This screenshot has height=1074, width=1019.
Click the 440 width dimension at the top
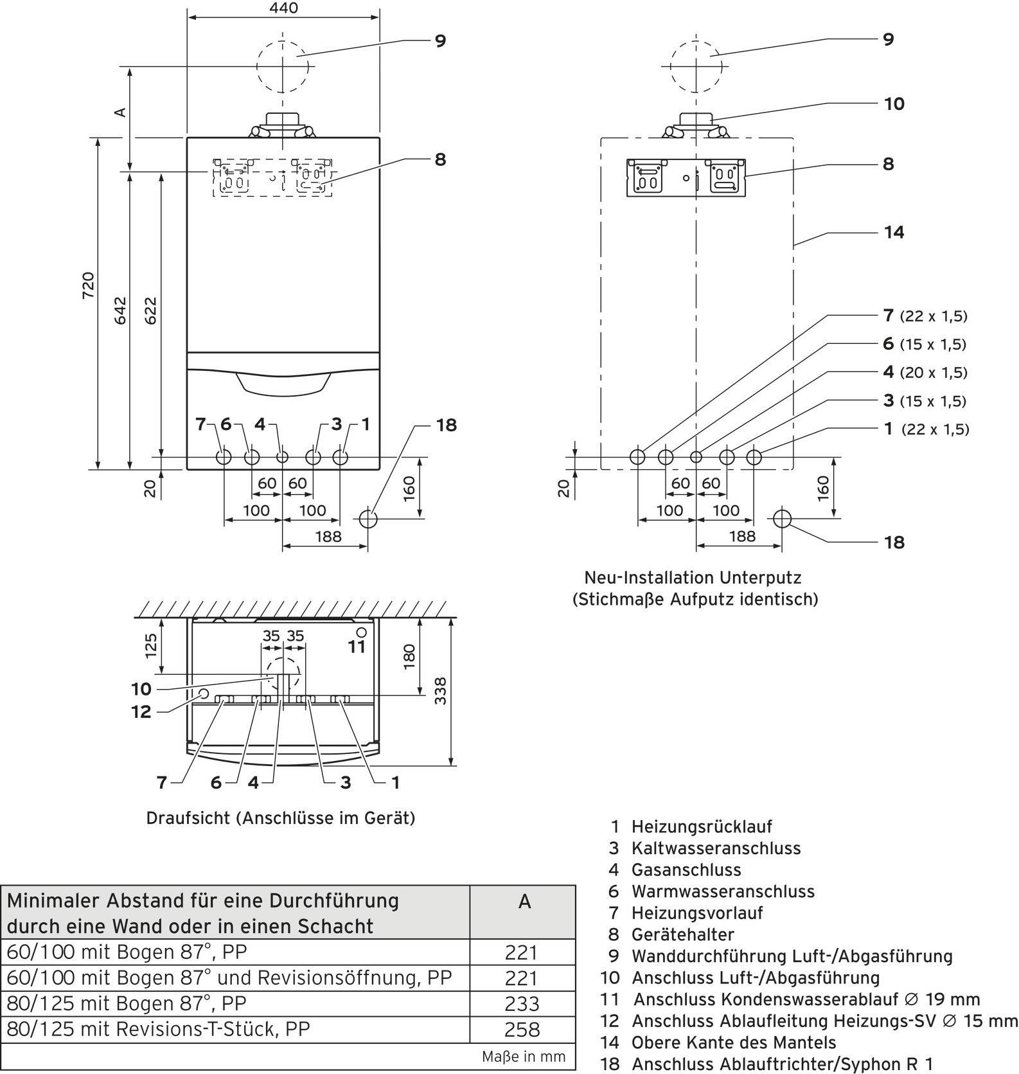click(284, 8)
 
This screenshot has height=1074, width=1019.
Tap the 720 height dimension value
click(88, 285)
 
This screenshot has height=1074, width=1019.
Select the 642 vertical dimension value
click(121, 310)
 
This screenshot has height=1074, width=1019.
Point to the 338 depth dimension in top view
click(440, 690)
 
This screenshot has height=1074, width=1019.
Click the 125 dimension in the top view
click(150, 646)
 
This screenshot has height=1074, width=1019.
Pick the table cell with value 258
click(522, 1030)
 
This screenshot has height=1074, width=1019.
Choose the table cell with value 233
click(522, 1004)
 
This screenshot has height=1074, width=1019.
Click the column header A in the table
click(524, 902)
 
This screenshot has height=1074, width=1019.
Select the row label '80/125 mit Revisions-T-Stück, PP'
click(159, 1029)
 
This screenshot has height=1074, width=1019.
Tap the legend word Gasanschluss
click(686, 870)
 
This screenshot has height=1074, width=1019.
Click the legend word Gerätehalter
click(682, 935)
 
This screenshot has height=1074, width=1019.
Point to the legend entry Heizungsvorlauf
click(697, 913)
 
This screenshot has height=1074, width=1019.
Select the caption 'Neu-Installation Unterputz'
click(693, 577)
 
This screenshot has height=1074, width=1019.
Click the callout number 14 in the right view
click(894, 232)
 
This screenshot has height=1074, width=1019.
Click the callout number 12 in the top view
click(141, 712)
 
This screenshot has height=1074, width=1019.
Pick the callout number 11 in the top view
click(357, 647)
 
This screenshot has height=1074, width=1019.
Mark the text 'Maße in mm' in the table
click(524, 1056)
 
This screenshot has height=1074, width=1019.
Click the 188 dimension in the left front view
click(328, 536)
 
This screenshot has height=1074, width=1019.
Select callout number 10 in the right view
click(894, 103)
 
